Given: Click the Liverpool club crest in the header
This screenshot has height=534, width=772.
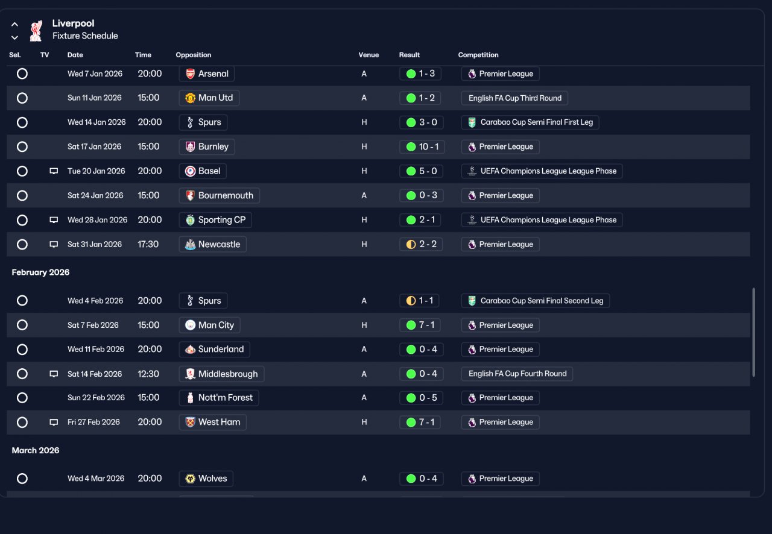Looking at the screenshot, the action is (36, 31).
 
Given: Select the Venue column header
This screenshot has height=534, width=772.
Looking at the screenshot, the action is (369, 55).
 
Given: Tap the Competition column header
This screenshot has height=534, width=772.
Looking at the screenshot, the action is (478, 55).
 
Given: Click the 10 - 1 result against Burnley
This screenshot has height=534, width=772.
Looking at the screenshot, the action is (422, 147).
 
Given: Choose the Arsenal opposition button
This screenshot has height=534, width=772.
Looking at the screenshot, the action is (206, 74).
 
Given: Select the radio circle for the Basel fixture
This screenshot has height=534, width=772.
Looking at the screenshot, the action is (22, 171).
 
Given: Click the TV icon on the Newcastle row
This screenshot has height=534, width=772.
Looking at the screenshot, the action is (54, 244).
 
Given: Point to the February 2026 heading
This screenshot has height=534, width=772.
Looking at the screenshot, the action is (40, 272).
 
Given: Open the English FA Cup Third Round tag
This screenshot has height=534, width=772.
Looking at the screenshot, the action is (514, 98).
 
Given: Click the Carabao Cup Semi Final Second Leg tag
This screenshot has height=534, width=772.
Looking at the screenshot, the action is (535, 301).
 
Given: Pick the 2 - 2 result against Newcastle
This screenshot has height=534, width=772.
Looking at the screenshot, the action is (421, 244).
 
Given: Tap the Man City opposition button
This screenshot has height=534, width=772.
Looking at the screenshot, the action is (209, 325).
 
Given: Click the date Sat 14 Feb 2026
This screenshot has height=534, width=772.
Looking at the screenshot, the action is (95, 374).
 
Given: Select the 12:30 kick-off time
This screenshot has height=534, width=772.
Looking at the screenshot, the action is (148, 374).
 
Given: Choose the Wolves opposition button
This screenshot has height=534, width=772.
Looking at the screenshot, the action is (206, 479).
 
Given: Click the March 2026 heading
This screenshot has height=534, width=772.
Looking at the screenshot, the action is (36, 450).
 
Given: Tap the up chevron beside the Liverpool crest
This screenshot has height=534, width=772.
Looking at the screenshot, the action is (14, 25).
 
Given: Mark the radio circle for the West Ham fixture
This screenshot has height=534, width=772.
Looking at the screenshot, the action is (22, 422).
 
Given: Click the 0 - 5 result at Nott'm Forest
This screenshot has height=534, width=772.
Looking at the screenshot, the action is (421, 398).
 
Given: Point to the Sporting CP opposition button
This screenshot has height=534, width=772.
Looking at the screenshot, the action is (215, 220).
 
